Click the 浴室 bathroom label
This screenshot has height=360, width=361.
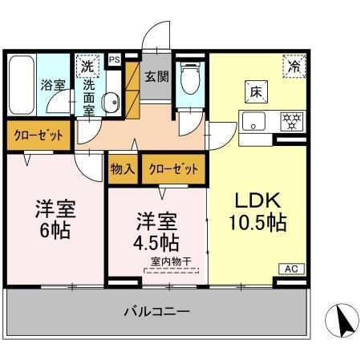coord(54,84)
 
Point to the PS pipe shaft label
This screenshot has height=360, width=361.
coord(114,59)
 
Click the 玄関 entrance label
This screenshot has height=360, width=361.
coord(156,78)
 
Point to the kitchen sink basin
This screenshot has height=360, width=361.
coord(255,123)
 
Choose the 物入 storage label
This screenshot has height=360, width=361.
coord(123,169)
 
